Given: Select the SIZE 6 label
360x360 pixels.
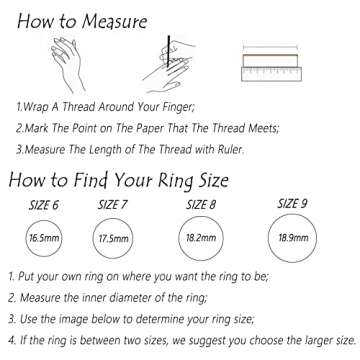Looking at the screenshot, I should tap(41, 204).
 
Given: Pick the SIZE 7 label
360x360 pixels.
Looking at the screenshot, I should tap(112, 204).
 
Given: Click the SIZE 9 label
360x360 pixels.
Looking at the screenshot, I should tap(291, 204).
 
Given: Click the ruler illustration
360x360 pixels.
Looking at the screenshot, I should tap(271, 64).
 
